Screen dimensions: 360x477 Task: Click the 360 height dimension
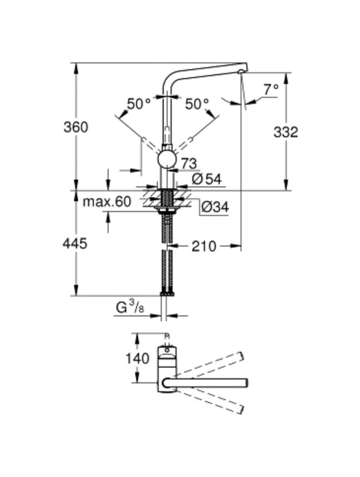76,127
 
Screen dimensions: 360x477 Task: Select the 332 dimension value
285,132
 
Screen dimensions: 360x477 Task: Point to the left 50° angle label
139,104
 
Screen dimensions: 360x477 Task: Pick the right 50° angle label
197,104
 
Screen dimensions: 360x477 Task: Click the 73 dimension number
189,164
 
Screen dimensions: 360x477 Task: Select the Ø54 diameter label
207,180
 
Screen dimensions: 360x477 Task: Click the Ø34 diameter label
215,207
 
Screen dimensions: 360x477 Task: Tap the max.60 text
107,202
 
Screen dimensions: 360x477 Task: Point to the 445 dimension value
75,243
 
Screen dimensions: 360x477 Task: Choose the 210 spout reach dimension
204,246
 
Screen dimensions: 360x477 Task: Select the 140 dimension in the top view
138,359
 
